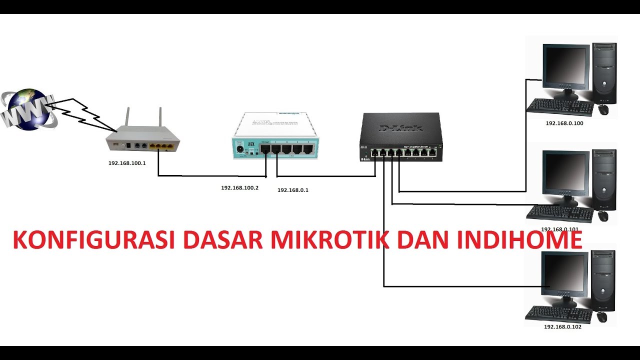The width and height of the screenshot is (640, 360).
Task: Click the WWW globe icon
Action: tap(27, 110)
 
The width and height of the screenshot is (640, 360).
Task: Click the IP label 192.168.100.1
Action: tap(127, 163)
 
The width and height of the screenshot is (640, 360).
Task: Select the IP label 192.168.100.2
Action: tap(240, 188)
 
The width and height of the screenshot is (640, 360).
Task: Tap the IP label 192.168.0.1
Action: tap(293, 190)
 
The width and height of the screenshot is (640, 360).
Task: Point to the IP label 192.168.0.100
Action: tap(564, 123)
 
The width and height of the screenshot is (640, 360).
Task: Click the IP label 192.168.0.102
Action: tap(562, 327)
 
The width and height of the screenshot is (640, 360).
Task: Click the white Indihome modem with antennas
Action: tap(143, 140)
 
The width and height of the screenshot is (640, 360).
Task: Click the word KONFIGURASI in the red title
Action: tap(93, 240)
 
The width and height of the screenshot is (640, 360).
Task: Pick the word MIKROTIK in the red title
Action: tap(329, 240)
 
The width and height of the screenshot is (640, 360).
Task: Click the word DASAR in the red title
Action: tap(222, 240)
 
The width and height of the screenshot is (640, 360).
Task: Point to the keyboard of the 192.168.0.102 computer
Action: tap(559, 314)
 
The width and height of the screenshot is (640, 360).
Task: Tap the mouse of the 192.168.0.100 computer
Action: tap(603, 109)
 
